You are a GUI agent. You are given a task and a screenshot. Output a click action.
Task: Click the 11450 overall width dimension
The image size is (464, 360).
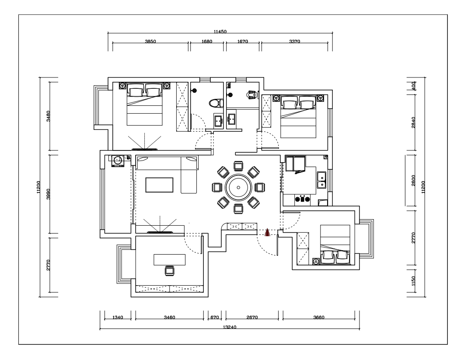tap(220, 31)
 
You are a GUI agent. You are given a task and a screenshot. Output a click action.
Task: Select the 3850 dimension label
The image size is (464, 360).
tap(150, 42)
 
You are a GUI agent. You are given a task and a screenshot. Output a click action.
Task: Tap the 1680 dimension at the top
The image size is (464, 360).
tap(207, 42)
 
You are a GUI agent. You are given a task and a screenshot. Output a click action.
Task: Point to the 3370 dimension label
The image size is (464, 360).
tap(295, 42)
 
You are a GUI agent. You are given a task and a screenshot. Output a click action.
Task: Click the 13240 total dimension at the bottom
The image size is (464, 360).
tap(229, 327)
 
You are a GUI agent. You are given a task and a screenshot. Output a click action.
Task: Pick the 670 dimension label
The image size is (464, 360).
tap(215, 318)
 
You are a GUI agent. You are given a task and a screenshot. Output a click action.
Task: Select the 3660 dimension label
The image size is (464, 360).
tap(319, 318)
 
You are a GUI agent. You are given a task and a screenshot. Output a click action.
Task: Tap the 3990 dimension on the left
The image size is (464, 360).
tap(49, 194)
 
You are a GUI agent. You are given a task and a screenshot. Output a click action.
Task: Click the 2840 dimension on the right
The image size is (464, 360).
tap(413, 122)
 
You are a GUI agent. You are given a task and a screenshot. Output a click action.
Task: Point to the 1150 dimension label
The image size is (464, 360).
tap(413, 281)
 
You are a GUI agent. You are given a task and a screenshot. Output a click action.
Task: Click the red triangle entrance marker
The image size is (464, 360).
tap(267, 232)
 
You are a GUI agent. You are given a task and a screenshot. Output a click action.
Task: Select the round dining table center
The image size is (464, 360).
tap(238, 187)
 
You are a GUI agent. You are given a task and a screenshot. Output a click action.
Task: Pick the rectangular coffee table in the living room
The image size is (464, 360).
tap(159, 185)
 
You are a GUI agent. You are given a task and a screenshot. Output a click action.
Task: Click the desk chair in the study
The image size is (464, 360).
tap(169, 271)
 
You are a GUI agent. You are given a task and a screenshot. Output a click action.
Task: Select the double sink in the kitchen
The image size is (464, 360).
tap(321, 180)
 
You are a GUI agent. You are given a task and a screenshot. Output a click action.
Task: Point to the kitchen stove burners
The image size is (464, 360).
tap(303, 199)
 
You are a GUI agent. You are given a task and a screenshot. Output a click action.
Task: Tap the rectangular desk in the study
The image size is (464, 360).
tap(170, 260)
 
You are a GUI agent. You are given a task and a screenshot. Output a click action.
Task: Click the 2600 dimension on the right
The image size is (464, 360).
tap(413, 180)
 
